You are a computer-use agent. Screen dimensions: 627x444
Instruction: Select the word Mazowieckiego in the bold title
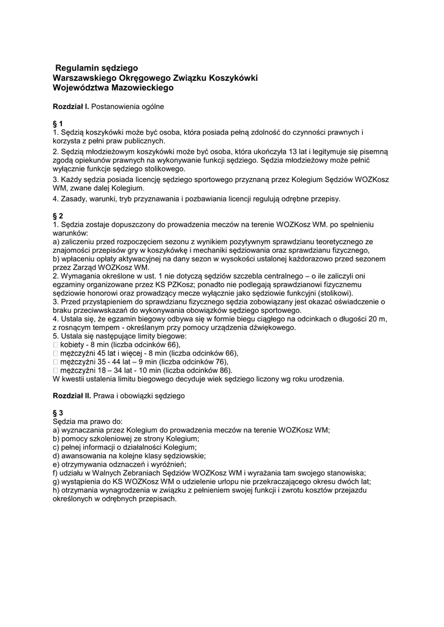pos(145,88)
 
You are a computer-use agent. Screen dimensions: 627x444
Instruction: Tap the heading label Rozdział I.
pos(71,107)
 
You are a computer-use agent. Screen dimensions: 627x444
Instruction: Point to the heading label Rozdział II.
pos(72,396)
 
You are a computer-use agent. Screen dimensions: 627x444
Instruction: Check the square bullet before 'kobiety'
pos(56,345)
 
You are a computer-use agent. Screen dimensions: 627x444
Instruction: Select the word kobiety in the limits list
pos(73,345)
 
